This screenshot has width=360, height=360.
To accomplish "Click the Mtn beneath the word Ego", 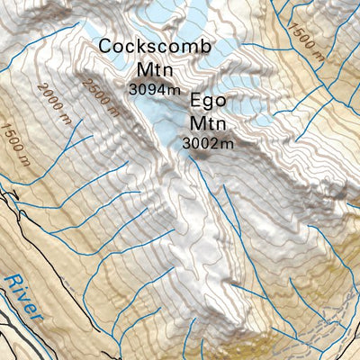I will (208, 123).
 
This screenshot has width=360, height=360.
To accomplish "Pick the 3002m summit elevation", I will (208, 142).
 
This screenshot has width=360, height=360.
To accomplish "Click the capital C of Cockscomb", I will (106, 46).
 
